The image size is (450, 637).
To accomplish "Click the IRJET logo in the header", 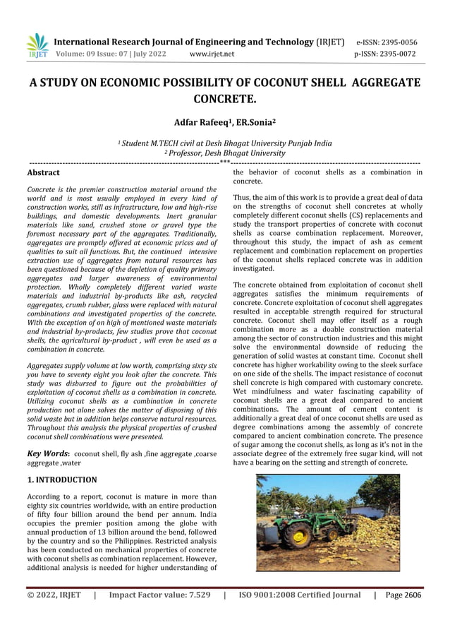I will tap(37, 46).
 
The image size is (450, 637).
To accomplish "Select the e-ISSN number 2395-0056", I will tap(396, 42).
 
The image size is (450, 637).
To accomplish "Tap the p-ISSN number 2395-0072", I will tap(396, 54).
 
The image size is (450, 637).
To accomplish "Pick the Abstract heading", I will tap(43, 172).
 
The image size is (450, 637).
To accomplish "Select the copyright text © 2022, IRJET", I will tap(54, 595).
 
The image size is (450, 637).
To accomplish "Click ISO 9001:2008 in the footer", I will tap(269, 595).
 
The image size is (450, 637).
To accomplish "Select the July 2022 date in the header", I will tap(147, 54).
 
